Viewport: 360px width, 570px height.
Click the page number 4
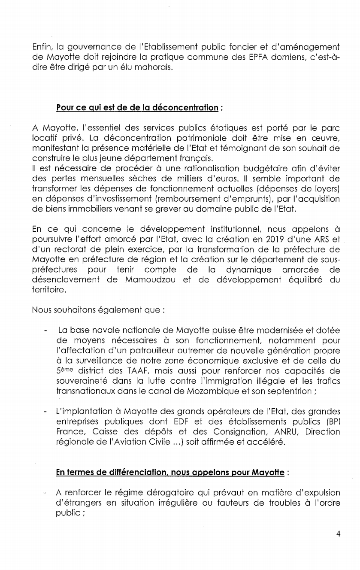pos(339,534)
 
